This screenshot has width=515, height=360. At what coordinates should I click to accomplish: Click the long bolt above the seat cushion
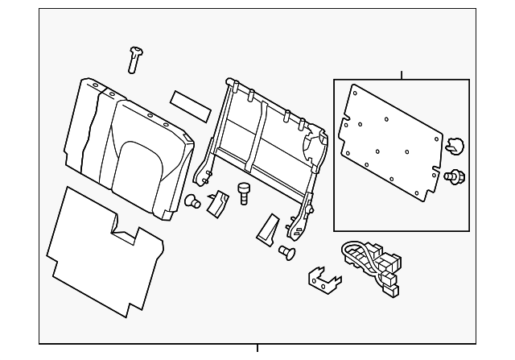[135, 59]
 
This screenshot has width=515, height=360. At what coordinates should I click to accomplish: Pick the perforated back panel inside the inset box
[390, 141]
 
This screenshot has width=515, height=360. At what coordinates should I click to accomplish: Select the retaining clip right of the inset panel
[455, 146]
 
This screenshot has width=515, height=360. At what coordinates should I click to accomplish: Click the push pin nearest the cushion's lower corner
[192, 201]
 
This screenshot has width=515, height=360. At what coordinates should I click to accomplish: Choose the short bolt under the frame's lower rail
[244, 192]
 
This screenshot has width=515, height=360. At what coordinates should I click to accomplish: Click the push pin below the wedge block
[286, 254]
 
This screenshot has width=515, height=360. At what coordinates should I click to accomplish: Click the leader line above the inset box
[402, 75]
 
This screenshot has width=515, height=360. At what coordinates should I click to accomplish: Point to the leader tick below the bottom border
[257, 348]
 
